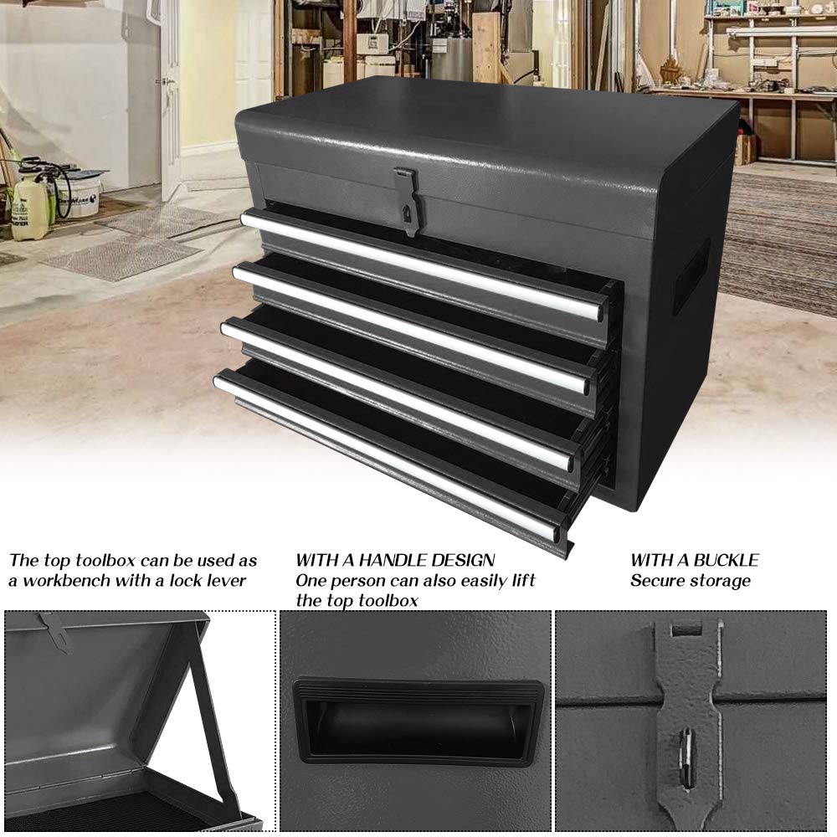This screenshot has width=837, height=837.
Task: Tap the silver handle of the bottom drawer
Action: [385, 456]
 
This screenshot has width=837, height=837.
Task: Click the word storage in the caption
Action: [721, 581]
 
